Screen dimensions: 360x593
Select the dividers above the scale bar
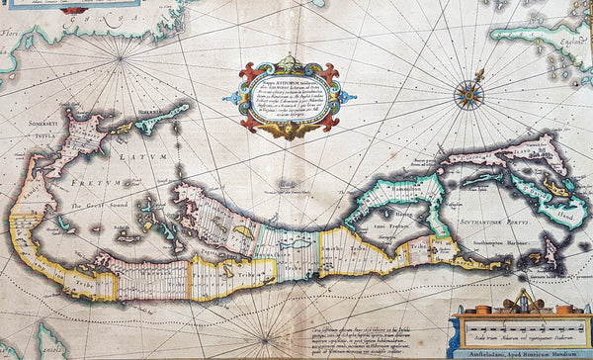[x=522, y=297]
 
